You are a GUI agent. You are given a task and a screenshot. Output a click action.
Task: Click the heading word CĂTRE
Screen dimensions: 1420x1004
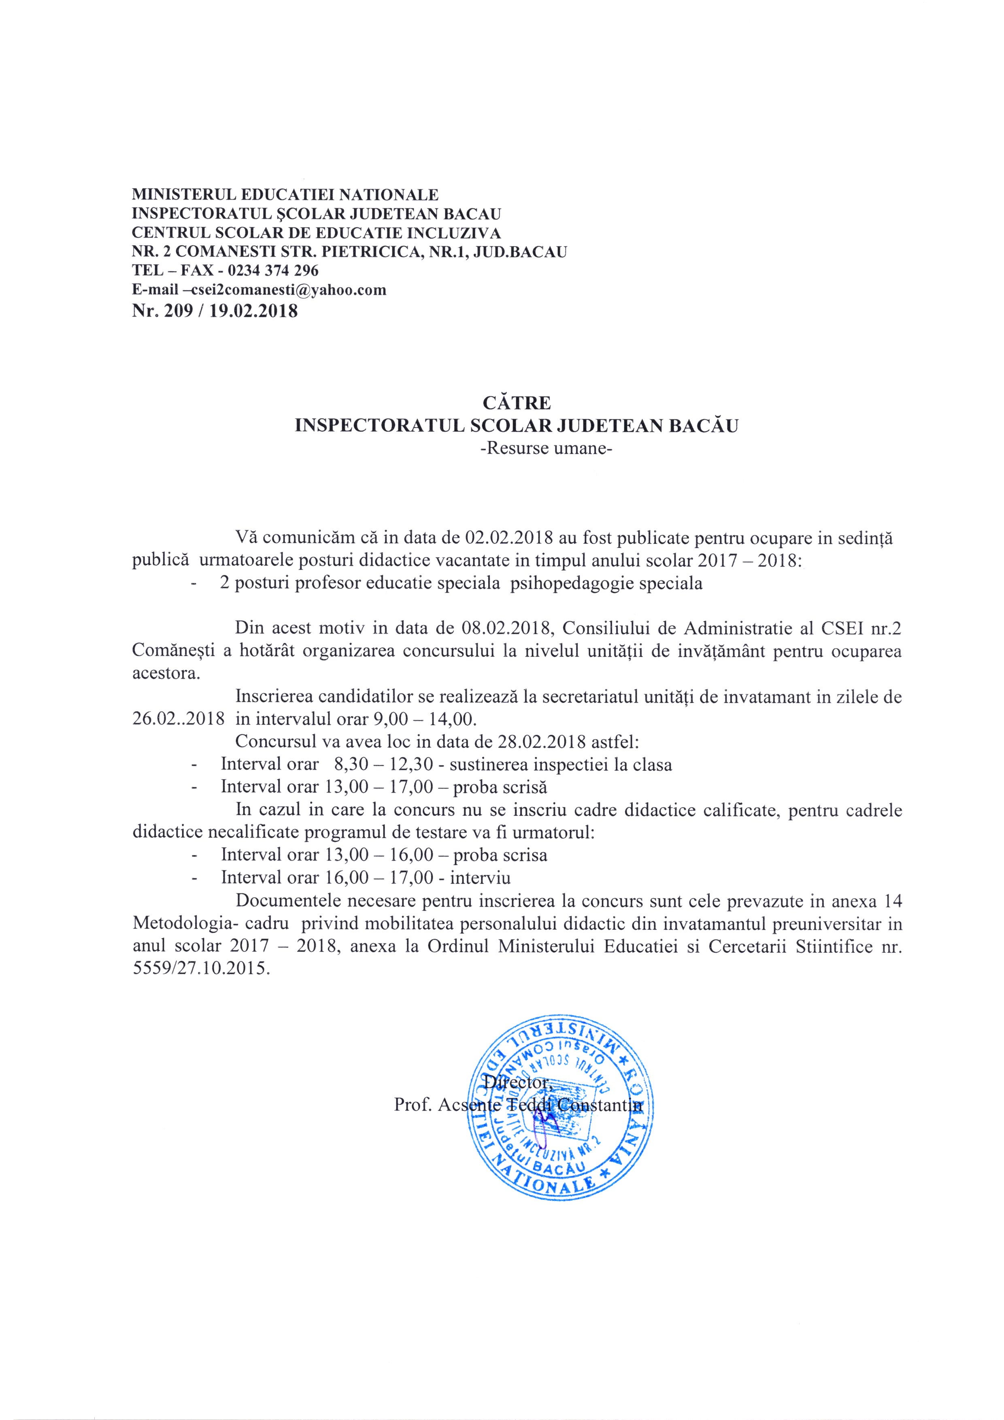[x=517, y=403]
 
